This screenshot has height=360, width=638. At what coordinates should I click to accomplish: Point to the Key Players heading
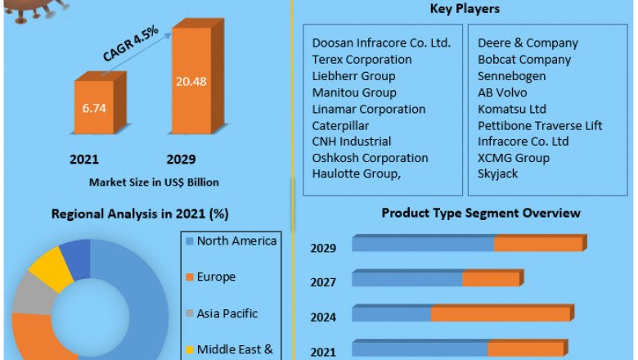(x=465, y=9)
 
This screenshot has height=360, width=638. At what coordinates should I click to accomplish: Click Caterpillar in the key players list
(x=340, y=125)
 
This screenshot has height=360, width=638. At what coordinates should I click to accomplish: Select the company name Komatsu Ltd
(x=512, y=109)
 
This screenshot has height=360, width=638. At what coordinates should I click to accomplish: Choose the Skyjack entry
(x=498, y=174)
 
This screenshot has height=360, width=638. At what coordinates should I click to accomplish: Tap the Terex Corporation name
(x=362, y=60)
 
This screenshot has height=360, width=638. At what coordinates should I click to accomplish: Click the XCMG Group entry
(x=514, y=158)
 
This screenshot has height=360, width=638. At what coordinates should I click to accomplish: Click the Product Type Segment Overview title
(x=481, y=213)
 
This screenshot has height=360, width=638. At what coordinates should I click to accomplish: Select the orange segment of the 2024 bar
(x=501, y=314)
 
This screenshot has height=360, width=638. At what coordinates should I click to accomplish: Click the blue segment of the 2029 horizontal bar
(x=423, y=244)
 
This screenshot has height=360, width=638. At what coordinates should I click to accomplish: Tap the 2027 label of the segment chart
(x=323, y=282)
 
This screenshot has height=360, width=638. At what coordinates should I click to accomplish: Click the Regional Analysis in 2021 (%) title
(x=140, y=214)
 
